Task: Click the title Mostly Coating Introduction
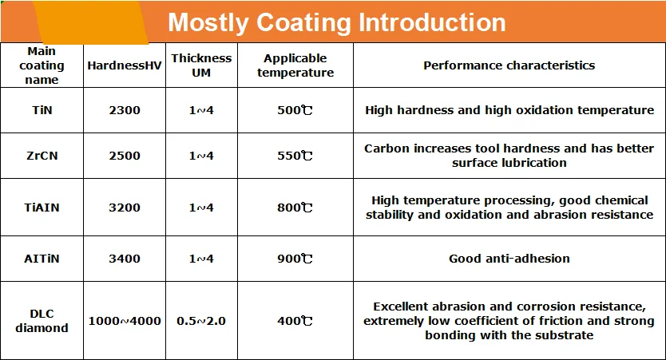click(x=336, y=22)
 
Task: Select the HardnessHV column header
click(x=124, y=65)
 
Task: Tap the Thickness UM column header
click(x=201, y=65)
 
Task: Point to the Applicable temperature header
click(x=295, y=65)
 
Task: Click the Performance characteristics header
click(x=509, y=65)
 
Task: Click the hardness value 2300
click(x=124, y=110)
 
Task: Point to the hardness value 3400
click(x=124, y=259)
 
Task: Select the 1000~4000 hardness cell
click(x=124, y=321)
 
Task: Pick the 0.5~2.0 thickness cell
click(x=201, y=321)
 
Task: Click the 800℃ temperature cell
click(x=295, y=208)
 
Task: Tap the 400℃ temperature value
click(x=295, y=321)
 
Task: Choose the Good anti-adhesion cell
click(x=509, y=259)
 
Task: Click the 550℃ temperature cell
click(x=295, y=156)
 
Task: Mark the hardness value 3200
click(x=124, y=208)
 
